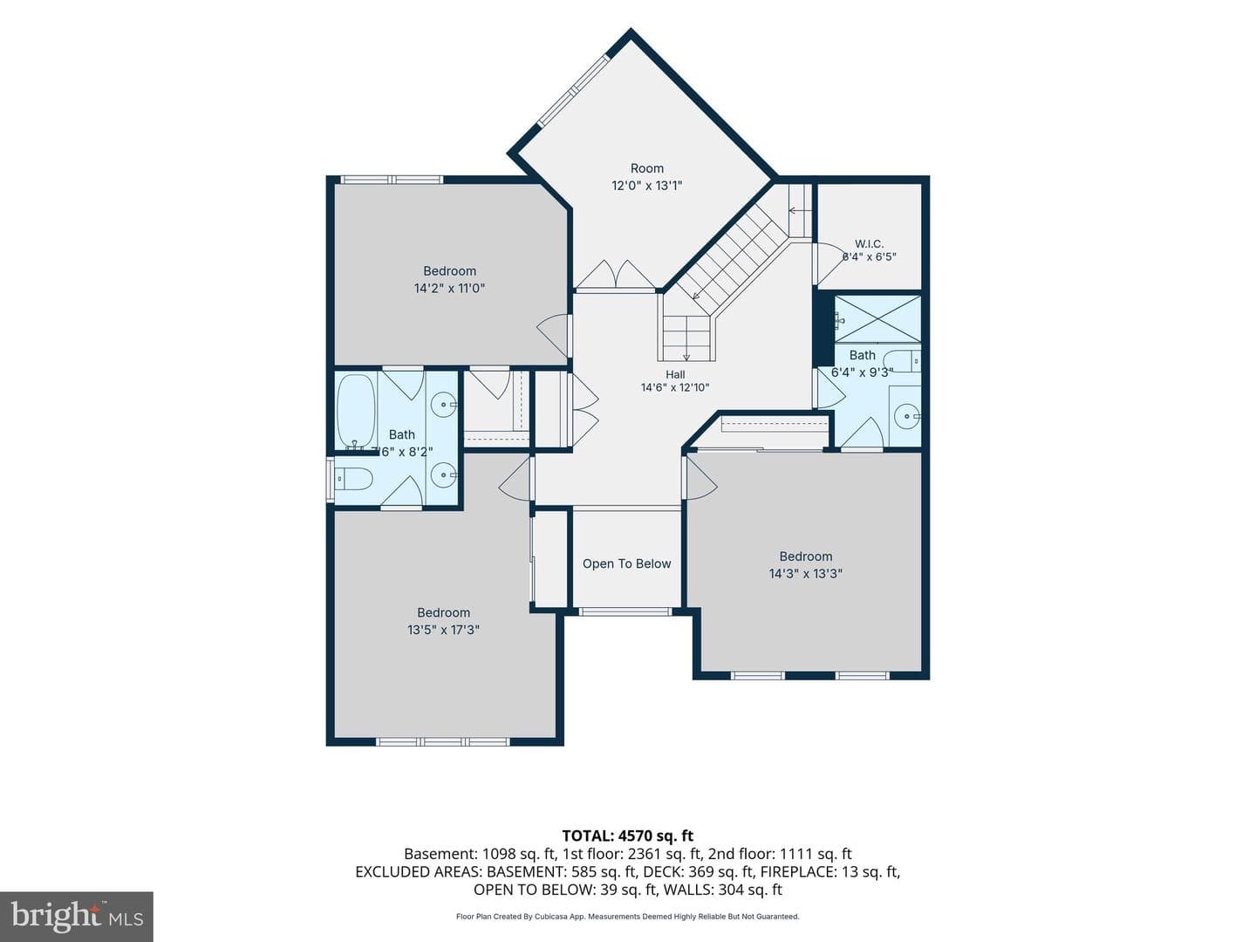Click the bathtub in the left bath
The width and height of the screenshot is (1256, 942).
(x=357, y=411)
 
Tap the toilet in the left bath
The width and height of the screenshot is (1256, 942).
(x=353, y=478)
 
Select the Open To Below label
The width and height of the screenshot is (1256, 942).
(x=626, y=564)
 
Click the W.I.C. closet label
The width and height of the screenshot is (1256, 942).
(x=869, y=244)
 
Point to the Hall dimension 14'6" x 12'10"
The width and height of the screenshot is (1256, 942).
(x=675, y=388)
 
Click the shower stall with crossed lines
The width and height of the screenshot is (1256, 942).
(x=877, y=319)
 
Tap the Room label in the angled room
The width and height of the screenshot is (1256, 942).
(x=647, y=168)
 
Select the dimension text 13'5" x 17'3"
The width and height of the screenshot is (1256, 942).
(x=443, y=630)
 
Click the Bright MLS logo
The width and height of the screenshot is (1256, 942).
(x=76, y=917)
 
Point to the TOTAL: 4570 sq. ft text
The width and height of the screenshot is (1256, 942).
(x=628, y=836)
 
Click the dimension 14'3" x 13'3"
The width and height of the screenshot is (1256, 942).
(x=806, y=574)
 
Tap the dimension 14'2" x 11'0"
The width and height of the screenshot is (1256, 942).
(x=450, y=288)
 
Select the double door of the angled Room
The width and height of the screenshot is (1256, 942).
(x=615, y=275)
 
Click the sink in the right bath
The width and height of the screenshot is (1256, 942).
(x=907, y=416)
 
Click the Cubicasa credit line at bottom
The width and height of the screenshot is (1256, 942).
(x=628, y=917)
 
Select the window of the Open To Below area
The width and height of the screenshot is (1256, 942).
(x=625, y=611)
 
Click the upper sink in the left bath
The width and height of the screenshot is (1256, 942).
(x=443, y=405)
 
